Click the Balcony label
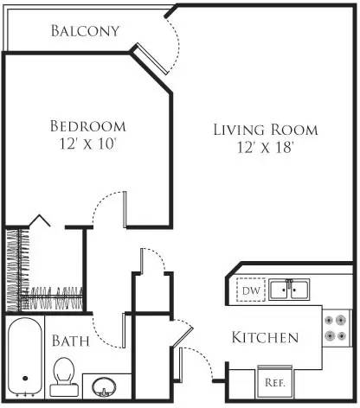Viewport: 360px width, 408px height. click(84, 31)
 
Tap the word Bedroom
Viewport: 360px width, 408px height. click(87, 126)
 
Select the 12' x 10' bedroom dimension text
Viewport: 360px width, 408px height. click(87, 144)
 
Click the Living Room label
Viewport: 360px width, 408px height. click(266, 130)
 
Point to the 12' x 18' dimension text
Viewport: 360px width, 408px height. click(266, 148)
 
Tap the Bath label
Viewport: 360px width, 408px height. click(69, 340)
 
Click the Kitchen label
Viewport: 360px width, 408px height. click(266, 337)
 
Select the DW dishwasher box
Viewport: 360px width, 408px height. click(251, 290)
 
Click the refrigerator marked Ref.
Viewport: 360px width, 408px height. click(276, 381)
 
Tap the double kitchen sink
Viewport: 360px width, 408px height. click(289, 290)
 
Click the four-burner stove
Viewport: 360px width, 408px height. click(335, 328)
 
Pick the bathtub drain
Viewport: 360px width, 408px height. click(25, 378)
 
